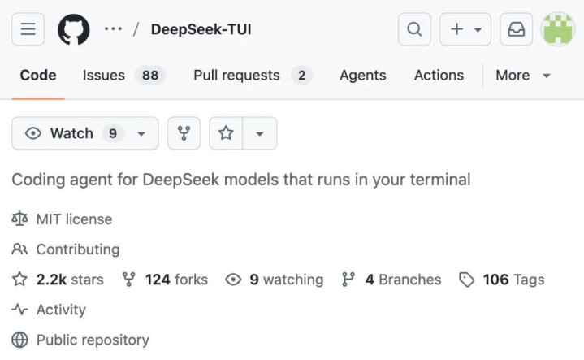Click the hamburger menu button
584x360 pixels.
click(x=28, y=29)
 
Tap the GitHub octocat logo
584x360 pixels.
click(x=74, y=29)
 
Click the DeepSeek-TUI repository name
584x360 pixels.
click(x=201, y=29)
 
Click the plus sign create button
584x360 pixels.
click(x=465, y=29)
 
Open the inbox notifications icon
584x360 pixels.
click(x=517, y=29)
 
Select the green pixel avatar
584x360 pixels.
click(x=557, y=29)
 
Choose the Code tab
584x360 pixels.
click(x=38, y=76)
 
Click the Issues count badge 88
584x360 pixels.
click(x=150, y=76)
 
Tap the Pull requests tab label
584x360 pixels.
click(x=236, y=76)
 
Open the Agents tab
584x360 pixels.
click(x=363, y=76)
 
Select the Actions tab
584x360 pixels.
click(x=439, y=76)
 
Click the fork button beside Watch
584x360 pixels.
click(x=184, y=133)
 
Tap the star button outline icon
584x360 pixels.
click(x=226, y=133)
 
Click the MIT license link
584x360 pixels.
click(x=74, y=219)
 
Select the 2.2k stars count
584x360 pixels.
click(x=70, y=280)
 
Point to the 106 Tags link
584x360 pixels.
click(x=513, y=280)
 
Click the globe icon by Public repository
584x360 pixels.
click(x=19, y=340)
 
